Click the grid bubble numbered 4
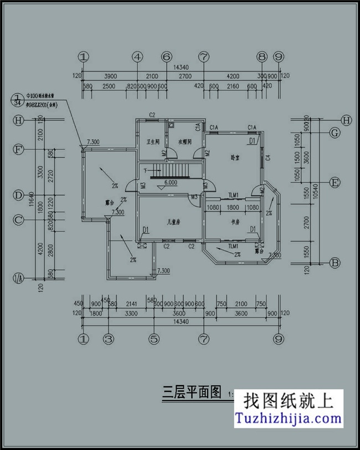pos(137,57)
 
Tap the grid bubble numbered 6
pos(166,57)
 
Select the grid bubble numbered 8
pos(262,57)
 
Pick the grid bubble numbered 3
pos(109,338)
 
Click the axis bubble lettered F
pos(19,150)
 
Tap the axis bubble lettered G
pos(335,133)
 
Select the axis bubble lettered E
pos(335,182)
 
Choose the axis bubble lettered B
pos(335,263)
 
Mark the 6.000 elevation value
pos(170,182)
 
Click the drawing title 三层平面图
pos(191,394)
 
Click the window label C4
pos(268,158)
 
